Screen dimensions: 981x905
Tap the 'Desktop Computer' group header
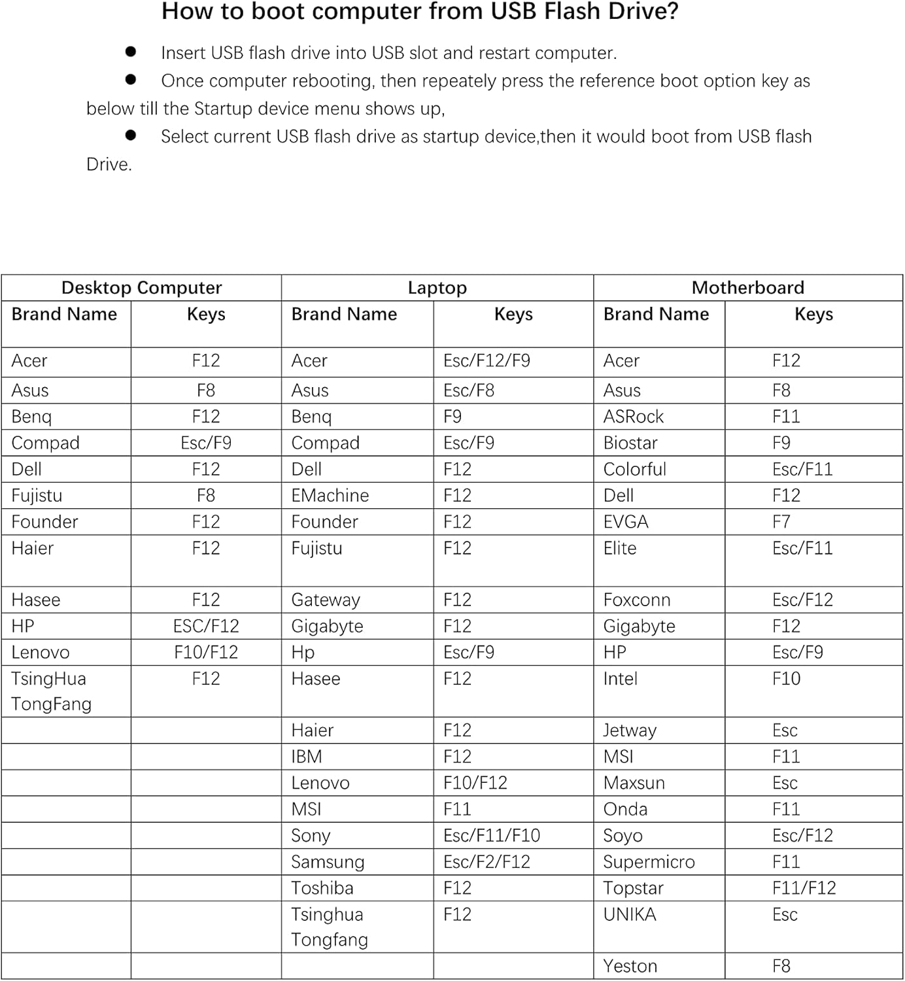coord(141,288)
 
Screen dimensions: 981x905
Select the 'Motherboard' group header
coord(747,288)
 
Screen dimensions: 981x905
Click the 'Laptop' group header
coord(437,288)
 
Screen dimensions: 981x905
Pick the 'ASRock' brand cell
coord(633,417)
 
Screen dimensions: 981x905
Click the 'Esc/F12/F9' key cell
coord(487,361)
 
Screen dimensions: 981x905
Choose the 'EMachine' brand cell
coord(330,496)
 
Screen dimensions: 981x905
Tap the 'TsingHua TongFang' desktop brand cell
coord(51,691)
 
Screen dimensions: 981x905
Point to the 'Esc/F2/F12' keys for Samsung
coord(487,862)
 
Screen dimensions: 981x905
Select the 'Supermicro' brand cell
coord(649,862)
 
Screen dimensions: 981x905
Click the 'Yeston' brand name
coord(630,966)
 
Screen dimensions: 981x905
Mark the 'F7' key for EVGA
coord(781,522)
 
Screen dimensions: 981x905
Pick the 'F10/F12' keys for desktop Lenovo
coord(206,653)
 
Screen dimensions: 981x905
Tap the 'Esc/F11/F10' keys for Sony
coord(492,836)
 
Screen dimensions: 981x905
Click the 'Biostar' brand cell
coord(630,443)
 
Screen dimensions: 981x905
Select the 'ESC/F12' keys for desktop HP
coord(206,627)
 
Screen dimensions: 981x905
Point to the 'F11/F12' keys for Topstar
coord(804,888)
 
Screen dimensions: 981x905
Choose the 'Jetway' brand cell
coord(629,731)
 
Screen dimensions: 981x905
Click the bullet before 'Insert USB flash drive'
coord(131,52)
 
